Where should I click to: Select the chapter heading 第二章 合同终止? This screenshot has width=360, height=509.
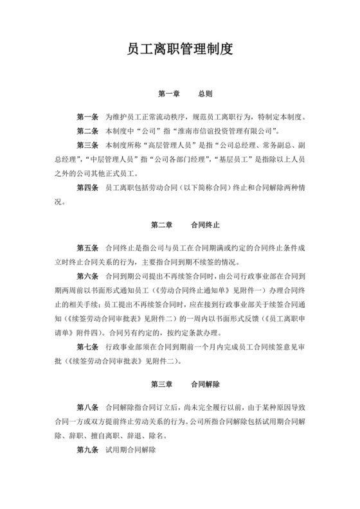click(x=185, y=225)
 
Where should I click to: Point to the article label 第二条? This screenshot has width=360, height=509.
click(x=87, y=131)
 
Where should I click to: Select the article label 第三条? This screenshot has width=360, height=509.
click(x=87, y=145)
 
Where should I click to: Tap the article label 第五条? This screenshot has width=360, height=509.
click(x=87, y=248)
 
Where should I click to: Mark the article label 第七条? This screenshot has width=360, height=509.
click(x=87, y=347)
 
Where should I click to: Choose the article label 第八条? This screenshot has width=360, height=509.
click(x=87, y=408)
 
